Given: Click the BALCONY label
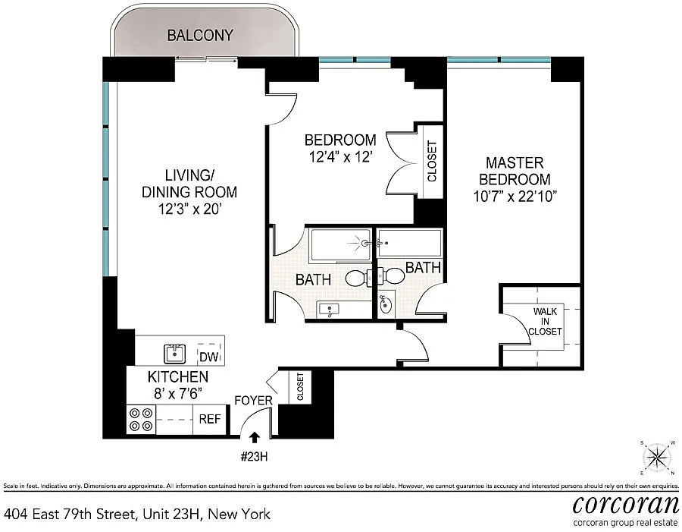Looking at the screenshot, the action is (x=200, y=36).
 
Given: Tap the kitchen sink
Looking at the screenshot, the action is (x=174, y=354).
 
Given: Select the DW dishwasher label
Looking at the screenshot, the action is (x=209, y=357).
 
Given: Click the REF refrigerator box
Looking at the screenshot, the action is (x=210, y=419).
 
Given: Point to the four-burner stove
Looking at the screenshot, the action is (x=141, y=419).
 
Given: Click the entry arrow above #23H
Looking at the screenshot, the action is (x=255, y=437).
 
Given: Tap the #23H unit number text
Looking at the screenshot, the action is (x=254, y=457).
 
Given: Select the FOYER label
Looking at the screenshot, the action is (x=253, y=401).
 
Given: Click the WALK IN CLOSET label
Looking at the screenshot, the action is (x=545, y=322).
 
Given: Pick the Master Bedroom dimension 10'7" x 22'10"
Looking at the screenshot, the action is (x=515, y=197).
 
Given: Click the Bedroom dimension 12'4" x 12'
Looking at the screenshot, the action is (x=340, y=156).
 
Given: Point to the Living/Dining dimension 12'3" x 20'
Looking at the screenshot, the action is (x=189, y=209).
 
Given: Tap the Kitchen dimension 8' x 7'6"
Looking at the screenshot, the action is (x=178, y=393).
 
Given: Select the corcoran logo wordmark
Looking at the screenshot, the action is (x=625, y=505).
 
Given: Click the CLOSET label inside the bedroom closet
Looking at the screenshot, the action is (x=432, y=161).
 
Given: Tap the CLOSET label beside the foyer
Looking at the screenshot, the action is (x=300, y=387).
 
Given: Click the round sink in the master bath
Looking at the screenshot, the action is (x=386, y=304).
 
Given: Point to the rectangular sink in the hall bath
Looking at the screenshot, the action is (x=330, y=310).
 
